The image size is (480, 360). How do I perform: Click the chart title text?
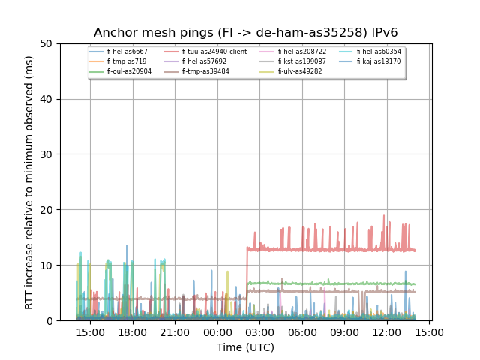click(245, 33)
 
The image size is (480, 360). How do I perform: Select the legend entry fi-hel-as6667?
click(127, 52)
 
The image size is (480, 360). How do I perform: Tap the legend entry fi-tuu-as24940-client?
click(214, 52)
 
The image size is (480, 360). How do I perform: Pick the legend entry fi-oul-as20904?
click(129, 71)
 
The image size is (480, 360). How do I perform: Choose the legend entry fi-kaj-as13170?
click(378, 61)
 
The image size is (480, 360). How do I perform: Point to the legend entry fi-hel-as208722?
click(299, 52)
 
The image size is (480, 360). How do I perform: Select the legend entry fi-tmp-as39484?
click(205, 71)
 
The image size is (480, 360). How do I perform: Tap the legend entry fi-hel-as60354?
click(378, 52)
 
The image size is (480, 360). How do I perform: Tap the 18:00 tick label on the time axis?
click(133, 331)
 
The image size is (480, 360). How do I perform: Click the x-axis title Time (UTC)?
click(245, 347)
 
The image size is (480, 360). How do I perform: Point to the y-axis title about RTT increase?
click(29, 182)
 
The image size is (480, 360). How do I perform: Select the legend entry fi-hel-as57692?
click(204, 61)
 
